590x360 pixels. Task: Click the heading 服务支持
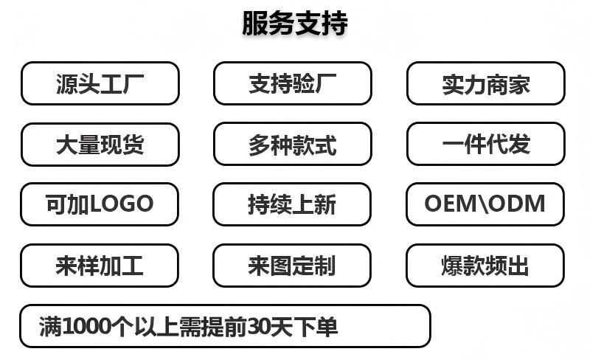[x=294, y=23]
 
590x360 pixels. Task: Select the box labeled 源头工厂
[x=100, y=84]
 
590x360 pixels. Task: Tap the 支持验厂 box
[x=292, y=84]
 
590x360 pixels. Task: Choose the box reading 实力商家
[x=486, y=84]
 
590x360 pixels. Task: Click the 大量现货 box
[x=100, y=145]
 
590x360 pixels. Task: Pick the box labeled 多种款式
[x=292, y=145]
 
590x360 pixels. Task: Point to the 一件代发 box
[x=486, y=145]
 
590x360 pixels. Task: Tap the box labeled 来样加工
[x=100, y=266]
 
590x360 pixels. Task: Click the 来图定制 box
[x=292, y=266]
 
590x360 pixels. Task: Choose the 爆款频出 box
[x=486, y=266]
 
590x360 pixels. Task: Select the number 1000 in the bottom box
[x=88, y=326]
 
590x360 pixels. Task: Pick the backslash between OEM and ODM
[x=483, y=204]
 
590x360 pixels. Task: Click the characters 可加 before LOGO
[x=68, y=204]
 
